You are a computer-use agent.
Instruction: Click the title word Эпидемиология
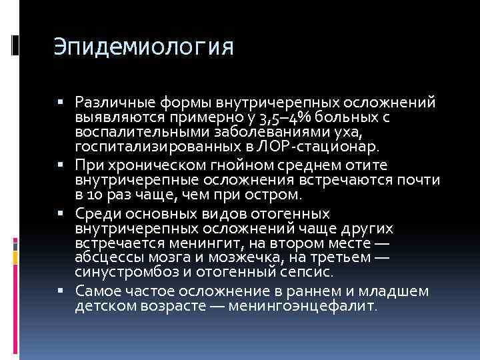point(144,49)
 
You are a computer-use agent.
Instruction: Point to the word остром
point(275,195)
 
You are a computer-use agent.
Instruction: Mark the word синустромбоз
point(116,273)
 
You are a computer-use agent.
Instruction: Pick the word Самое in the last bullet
point(97,291)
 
